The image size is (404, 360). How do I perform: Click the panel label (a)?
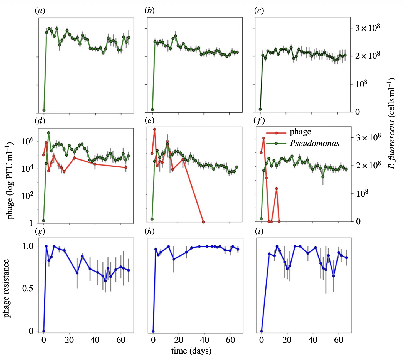40,11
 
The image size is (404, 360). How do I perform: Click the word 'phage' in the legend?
300,132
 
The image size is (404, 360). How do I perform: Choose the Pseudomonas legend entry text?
315,143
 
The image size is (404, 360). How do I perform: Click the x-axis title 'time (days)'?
191,351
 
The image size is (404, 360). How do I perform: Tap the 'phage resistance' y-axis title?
6,288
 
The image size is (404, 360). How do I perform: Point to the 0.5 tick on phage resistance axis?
28,289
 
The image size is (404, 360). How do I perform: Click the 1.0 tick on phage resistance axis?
28,246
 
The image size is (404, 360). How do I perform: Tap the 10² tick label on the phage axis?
27,196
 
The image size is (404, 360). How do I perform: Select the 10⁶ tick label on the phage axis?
27,141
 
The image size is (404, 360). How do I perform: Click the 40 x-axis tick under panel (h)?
205,340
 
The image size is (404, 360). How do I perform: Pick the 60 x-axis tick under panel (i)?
339,340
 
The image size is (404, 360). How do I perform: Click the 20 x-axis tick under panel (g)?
69,340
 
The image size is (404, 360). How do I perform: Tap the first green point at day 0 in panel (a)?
44,110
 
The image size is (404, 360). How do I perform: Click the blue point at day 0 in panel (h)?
153,331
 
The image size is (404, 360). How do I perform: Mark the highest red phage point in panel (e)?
154,129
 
